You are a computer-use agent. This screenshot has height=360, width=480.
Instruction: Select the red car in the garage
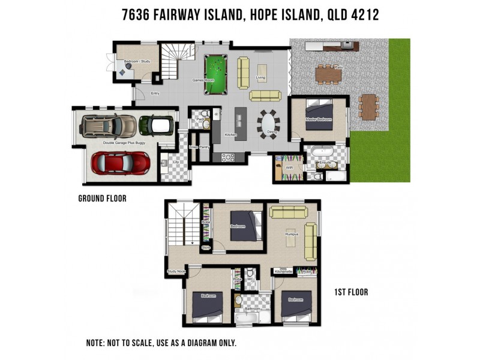pos(120,163)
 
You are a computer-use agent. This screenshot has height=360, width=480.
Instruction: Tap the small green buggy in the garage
pos(156,125)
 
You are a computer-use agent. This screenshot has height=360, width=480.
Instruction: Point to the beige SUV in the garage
pos(109,125)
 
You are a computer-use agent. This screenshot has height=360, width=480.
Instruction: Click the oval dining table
pos(268,124)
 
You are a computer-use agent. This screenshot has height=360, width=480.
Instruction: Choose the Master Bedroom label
pos(318,119)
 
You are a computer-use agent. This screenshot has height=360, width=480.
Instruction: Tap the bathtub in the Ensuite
pos(324,152)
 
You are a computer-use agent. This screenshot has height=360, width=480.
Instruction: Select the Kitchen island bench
pos(241,123)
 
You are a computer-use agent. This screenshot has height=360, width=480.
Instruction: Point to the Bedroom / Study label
pos(136,62)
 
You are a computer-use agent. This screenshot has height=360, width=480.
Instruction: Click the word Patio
pos(338,67)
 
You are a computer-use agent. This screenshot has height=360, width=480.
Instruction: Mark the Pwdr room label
pos(200,119)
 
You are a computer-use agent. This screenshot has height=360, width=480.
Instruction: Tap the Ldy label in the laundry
pos(176,161)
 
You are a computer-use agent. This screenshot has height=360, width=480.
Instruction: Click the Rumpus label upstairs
pos(292,234)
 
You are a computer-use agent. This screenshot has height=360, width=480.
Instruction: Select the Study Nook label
pos(176,271)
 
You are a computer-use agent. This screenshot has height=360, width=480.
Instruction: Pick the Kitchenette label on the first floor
pos(283,272)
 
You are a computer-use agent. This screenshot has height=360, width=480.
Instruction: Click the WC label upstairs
pos(250,279)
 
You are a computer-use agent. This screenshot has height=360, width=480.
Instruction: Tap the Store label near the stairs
pos(206,247)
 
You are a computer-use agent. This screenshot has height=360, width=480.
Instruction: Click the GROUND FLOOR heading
pos(103,199)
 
